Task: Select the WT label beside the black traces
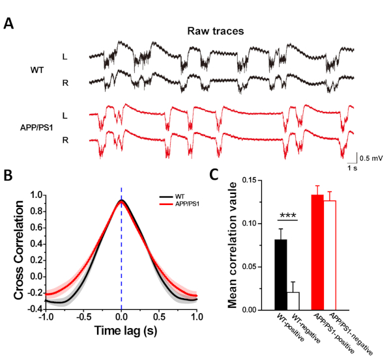[x=38, y=69]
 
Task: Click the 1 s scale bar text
[x=351, y=167]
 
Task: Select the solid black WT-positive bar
[x=280, y=275]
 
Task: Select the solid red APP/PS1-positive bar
[x=317, y=253]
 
